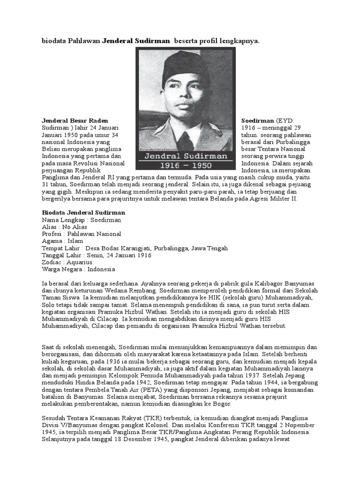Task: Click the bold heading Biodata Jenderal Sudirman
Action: [83, 212]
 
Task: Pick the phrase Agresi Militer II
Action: [275, 199]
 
